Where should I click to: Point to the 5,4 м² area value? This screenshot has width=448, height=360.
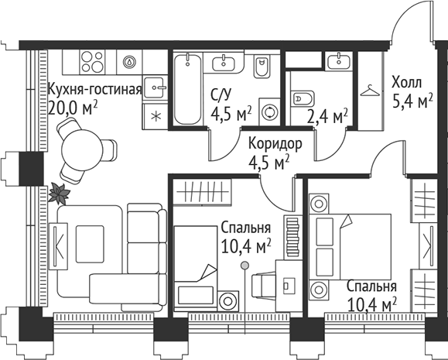[x=411, y=101]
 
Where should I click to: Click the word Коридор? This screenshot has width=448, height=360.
[x=270, y=144]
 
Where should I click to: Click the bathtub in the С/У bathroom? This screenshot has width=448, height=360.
[x=187, y=88]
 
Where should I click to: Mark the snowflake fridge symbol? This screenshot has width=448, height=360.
[x=155, y=117]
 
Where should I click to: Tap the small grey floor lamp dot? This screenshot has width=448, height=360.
[x=245, y=266]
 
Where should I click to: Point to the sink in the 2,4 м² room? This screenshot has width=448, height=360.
[x=337, y=60]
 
